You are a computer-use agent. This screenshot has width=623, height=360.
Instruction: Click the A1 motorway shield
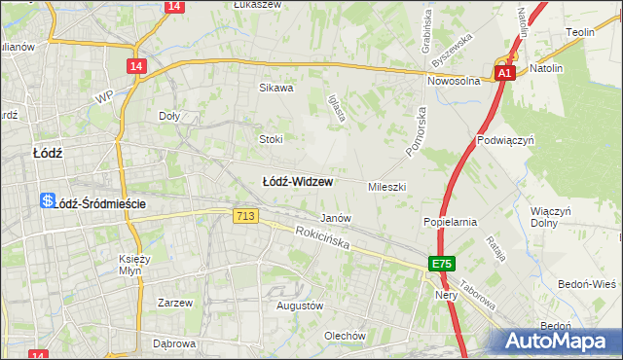point(503,73)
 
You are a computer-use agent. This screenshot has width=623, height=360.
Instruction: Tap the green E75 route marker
point(442,264)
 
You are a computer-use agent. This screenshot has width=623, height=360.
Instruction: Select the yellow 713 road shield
point(245,216)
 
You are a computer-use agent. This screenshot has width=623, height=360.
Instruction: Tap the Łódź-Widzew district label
point(299,182)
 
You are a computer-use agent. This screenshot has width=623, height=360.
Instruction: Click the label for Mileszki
point(386,186)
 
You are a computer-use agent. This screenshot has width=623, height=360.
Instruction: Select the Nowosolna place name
point(457,82)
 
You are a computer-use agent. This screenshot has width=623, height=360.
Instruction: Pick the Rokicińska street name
point(322,238)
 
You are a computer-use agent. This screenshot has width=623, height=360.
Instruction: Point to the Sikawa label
point(275,88)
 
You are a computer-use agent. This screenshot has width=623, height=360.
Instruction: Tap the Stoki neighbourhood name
point(271,139)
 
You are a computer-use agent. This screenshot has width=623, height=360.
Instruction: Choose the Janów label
point(336,219)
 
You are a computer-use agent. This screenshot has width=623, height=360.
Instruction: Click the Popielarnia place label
point(450,222)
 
